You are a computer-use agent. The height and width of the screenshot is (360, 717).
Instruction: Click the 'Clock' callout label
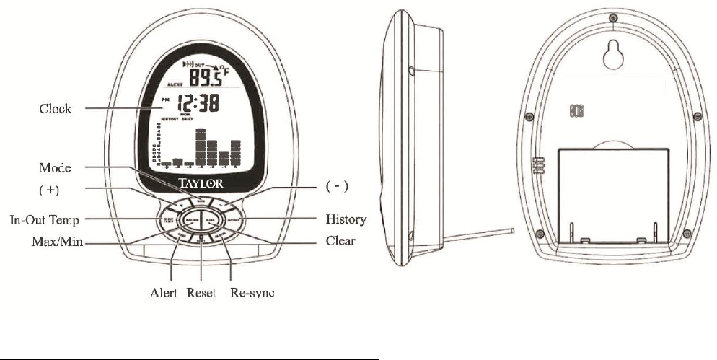click(55, 110)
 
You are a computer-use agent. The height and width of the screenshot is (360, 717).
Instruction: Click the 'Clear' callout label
click(340, 241)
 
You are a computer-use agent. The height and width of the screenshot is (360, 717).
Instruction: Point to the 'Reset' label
click(201, 294)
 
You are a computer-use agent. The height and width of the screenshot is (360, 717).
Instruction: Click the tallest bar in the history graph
click(201, 147)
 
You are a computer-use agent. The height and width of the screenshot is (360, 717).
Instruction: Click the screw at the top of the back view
click(612, 17)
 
